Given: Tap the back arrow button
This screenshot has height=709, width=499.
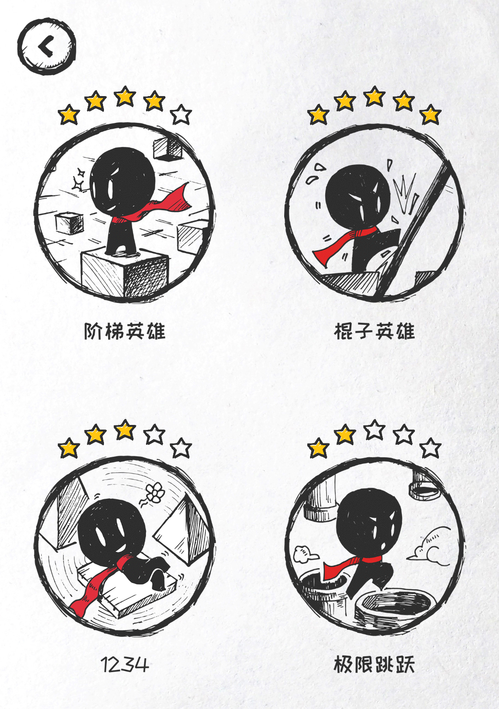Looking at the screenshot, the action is coord(47,46).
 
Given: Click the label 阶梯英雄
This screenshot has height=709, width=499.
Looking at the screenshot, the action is coord(125,331).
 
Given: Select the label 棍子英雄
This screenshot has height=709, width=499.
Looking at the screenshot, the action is coord(374,331).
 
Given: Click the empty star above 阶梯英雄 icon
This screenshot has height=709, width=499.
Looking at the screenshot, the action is coord(181,114).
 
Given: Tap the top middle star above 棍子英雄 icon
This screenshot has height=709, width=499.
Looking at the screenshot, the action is coord(374,96).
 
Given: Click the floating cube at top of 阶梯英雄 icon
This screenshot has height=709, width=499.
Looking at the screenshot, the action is coord(168,148).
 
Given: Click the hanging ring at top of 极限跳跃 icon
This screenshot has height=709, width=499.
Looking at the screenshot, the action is coord(424,490).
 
